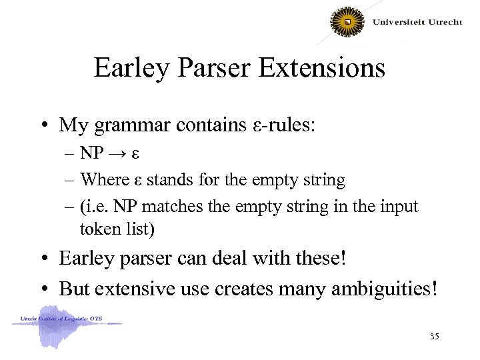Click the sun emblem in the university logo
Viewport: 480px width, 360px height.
pos(347,22)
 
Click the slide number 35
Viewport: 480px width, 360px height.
pos(435,337)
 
